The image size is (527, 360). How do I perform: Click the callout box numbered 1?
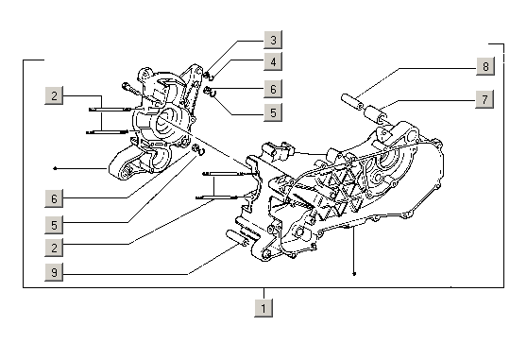263,308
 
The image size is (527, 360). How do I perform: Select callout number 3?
273,40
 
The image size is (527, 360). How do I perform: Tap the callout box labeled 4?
273,61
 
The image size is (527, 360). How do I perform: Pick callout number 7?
484,99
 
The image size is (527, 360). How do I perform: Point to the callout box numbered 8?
485,66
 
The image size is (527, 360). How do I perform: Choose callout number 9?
54,272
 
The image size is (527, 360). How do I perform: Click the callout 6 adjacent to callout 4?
273,89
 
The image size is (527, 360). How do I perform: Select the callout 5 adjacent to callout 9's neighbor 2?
54,225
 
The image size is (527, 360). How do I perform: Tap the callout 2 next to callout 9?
54,248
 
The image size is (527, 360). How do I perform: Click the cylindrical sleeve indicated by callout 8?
352,102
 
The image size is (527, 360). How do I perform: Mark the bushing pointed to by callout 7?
376,114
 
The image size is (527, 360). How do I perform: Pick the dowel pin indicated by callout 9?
237,238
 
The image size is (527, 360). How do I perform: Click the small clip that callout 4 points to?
211,77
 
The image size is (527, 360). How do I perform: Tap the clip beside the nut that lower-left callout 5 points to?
202,151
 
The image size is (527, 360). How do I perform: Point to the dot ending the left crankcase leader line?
55,168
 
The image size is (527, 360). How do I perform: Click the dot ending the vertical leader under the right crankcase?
354,274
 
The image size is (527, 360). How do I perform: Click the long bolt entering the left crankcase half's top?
134,90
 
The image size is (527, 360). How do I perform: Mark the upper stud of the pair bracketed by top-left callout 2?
110,110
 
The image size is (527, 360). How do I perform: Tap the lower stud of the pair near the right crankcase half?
216,197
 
